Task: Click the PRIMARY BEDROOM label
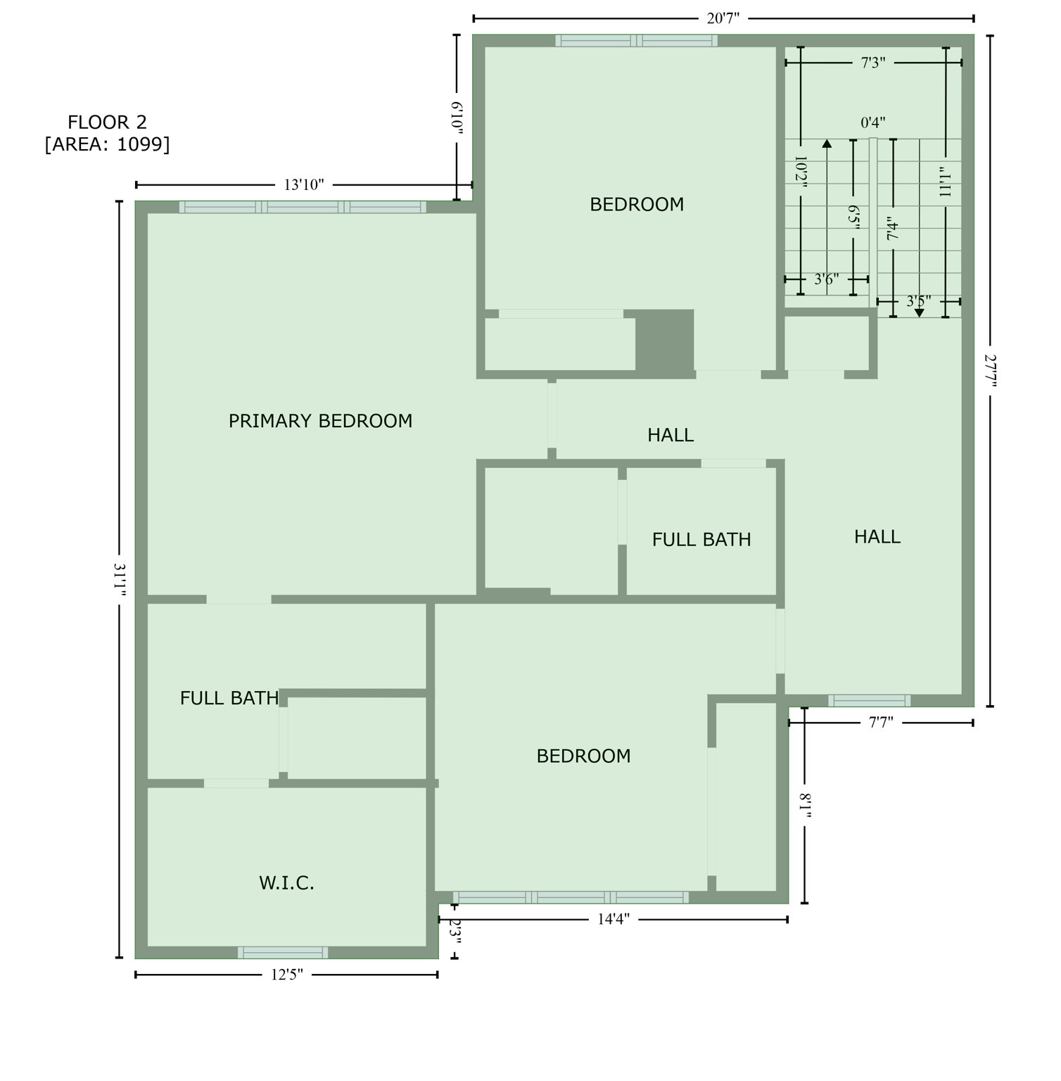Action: [x=320, y=421]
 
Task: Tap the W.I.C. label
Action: [x=286, y=883]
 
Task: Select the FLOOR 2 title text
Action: [x=107, y=122]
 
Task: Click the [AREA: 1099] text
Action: [x=107, y=144]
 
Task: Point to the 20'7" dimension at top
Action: [x=723, y=18]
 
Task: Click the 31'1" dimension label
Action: [x=120, y=579]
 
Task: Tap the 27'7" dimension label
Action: [x=990, y=370]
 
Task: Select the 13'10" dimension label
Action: [x=304, y=185]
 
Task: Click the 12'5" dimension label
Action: [x=287, y=975]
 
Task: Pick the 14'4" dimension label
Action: [x=614, y=919]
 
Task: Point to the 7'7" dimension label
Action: [x=881, y=722]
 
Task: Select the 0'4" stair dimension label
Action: [x=873, y=123]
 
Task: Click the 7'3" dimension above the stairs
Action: [x=873, y=63]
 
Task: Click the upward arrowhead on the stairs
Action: [x=827, y=144]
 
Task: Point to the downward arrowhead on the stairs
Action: [x=919, y=313]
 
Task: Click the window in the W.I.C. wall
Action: [x=283, y=952]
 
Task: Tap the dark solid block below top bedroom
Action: [x=664, y=340]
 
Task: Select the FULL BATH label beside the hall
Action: [x=701, y=540]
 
